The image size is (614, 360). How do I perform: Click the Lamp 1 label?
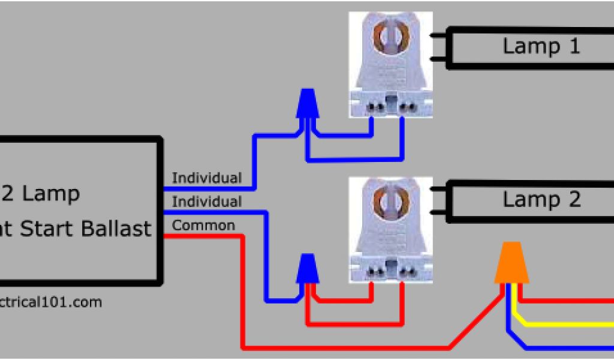[541, 46]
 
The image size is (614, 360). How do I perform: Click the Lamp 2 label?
[541, 199]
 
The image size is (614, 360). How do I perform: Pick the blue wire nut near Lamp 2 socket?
[308, 268]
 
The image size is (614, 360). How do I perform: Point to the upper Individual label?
[207, 178]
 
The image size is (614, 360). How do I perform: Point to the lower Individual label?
[207, 202]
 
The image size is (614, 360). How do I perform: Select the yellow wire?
[564, 325]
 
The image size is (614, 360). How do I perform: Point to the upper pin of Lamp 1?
[438, 35]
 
